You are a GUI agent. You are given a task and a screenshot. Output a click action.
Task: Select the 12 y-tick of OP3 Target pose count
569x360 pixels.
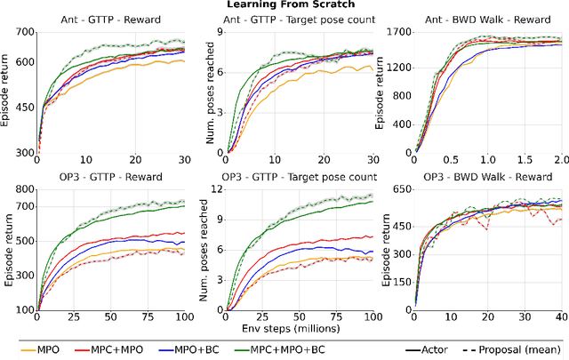(x=213, y=189)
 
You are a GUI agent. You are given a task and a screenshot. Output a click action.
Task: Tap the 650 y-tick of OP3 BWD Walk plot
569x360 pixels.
(x=397, y=189)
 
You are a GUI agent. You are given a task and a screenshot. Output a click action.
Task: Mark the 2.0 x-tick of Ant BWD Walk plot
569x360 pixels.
(x=559, y=159)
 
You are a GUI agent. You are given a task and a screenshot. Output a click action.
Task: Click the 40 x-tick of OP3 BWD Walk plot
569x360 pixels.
(x=559, y=316)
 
